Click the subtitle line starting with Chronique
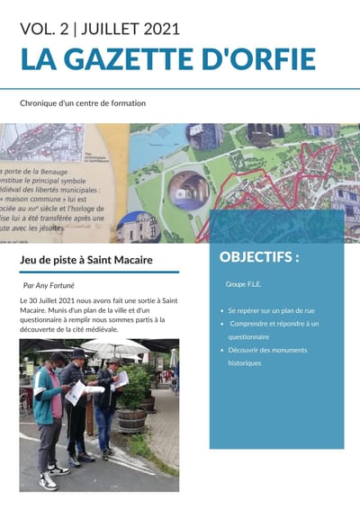pyautogui.click(x=83, y=103)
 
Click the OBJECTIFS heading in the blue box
pyautogui.click(x=259, y=257)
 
